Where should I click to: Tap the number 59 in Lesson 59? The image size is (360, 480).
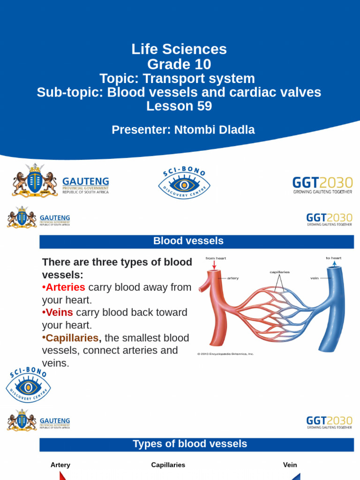(x=202, y=106)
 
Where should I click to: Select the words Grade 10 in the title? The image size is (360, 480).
(x=179, y=64)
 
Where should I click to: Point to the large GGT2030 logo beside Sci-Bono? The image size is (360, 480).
(x=322, y=185)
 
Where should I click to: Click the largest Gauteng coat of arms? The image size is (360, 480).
(x=34, y=181)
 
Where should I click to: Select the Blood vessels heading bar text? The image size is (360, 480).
(x=188, y=241)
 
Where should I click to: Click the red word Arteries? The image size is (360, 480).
(x=65, y=287)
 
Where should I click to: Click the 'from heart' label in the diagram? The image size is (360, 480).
(x=216, y=258)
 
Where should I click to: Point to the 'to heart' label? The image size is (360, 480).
(x=334, y=258)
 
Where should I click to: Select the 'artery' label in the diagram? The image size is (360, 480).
(x=233, y=278)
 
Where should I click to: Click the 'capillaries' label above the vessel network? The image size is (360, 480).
(x=279, y=272)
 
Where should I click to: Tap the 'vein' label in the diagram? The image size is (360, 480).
(x=315, y=278)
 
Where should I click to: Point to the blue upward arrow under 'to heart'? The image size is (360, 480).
(x=334, y=265)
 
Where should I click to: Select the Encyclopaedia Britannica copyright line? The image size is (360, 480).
(x=225, y=354)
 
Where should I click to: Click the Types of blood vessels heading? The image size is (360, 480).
(x=190, y=444)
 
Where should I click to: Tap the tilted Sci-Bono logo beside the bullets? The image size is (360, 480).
(x=28, y=385)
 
